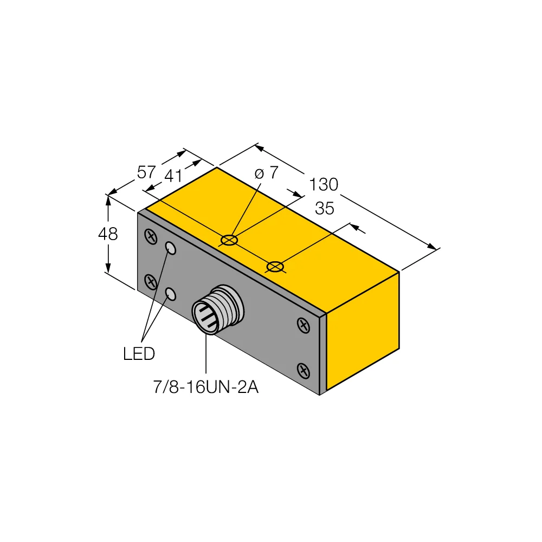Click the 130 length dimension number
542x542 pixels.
[324, 185]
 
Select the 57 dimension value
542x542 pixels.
[146, 173]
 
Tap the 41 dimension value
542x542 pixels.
[173, 177]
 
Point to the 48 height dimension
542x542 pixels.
[108, 234]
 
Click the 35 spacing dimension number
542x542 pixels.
[324, 209]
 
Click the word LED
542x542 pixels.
[139, 354]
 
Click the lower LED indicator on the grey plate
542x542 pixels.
[171, 294]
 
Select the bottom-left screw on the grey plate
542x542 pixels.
[151, 281]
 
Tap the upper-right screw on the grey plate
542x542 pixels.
[304, 325]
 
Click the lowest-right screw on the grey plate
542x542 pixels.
[304, 371]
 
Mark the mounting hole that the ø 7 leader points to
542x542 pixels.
[230, 239]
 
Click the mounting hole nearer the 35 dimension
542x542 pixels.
[275, 266]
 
